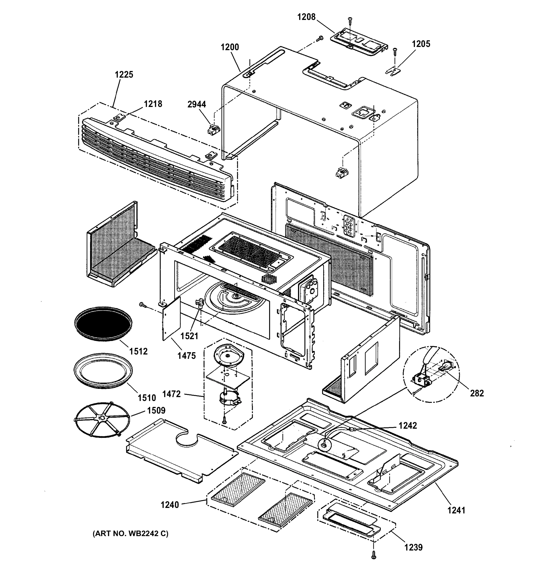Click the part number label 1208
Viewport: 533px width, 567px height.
(x=306, y=17)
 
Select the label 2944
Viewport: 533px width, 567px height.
(x=197, y=104)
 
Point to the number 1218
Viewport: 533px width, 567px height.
(x=153, y=104)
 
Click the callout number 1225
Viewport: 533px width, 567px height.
(x=124, y=75)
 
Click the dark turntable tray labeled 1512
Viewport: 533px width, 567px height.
(x=103, y=323)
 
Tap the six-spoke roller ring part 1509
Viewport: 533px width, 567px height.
(x=102, y=420)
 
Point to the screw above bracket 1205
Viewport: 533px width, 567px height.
(x=395, y=51)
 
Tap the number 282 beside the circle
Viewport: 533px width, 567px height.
(x=477, y=393)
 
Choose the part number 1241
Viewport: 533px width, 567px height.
(x=456, y=510)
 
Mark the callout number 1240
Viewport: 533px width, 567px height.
(x=170, y=505)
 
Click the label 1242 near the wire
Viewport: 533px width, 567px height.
(x=408, y=425)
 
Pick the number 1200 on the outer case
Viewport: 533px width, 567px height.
(x=230, y=47)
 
